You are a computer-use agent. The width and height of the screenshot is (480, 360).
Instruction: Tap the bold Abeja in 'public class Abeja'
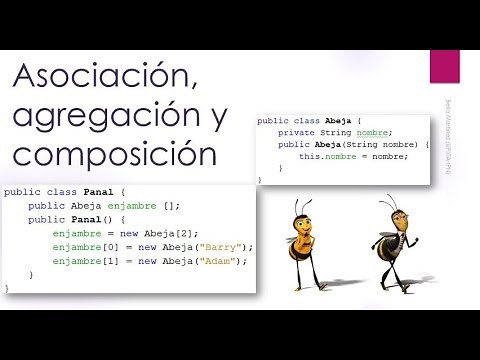[331, 120]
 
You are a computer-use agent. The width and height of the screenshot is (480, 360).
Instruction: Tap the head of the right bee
[391, 212]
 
